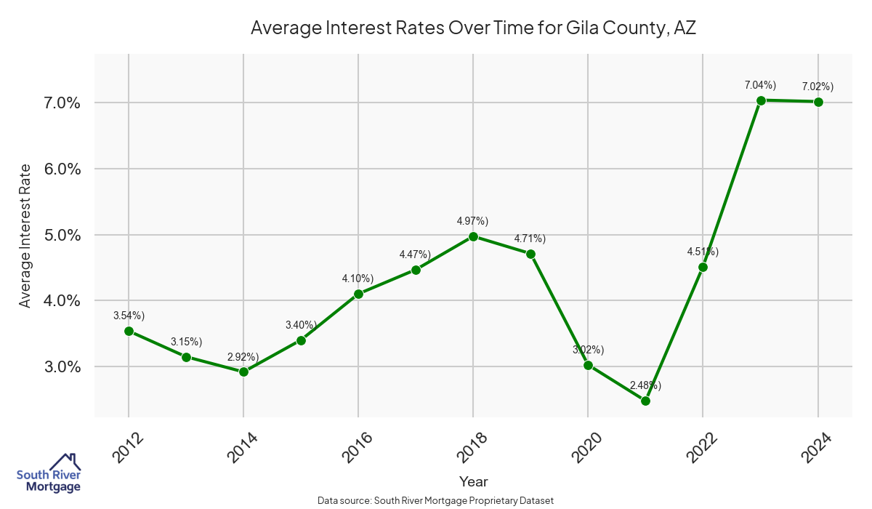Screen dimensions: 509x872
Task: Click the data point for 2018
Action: tap(473, 236)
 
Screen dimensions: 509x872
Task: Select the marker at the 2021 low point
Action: tap(645, 401)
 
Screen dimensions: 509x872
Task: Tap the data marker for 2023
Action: tap(761, 100)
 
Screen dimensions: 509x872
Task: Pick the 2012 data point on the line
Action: tap(129, 331)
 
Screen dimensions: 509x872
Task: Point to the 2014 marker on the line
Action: tap(243, 372)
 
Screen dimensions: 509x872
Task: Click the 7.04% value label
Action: tap(760, 85)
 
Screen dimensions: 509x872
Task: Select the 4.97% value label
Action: tap(472, 221)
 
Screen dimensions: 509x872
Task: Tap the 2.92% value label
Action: tap(243, 356)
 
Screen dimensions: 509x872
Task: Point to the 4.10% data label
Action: tap(358, 278)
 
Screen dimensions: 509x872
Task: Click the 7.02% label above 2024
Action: tap(817, 87)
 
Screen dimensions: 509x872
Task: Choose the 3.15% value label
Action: tap(186, 342)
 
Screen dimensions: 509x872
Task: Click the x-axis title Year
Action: tap(473, 481)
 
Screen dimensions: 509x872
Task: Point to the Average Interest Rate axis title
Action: tap(25, 235)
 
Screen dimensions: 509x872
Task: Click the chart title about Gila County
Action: tap(474, 28)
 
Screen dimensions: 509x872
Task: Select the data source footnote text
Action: tap(436, 500)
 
